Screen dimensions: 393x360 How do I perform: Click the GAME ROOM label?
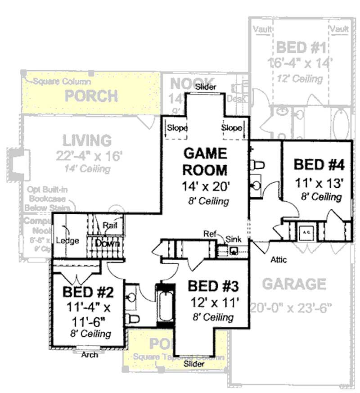coord(205,162)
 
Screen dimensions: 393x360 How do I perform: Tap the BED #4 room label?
coord(319,164)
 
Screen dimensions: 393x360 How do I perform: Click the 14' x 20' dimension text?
coord(205,186)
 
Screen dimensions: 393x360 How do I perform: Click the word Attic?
coord(279,260)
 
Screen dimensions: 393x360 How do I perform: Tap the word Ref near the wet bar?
coord(209,234)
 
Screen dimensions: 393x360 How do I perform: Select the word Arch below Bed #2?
coord(90,355)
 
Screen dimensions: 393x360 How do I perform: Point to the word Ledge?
coord(67,240)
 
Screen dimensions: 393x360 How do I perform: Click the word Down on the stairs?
coord(108,243)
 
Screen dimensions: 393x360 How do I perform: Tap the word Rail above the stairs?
coord(110,225)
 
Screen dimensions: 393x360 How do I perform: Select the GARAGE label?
coord(294,285)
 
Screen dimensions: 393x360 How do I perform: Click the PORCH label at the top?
coord(91,95)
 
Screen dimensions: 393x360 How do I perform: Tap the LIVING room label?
coord(87,140)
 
